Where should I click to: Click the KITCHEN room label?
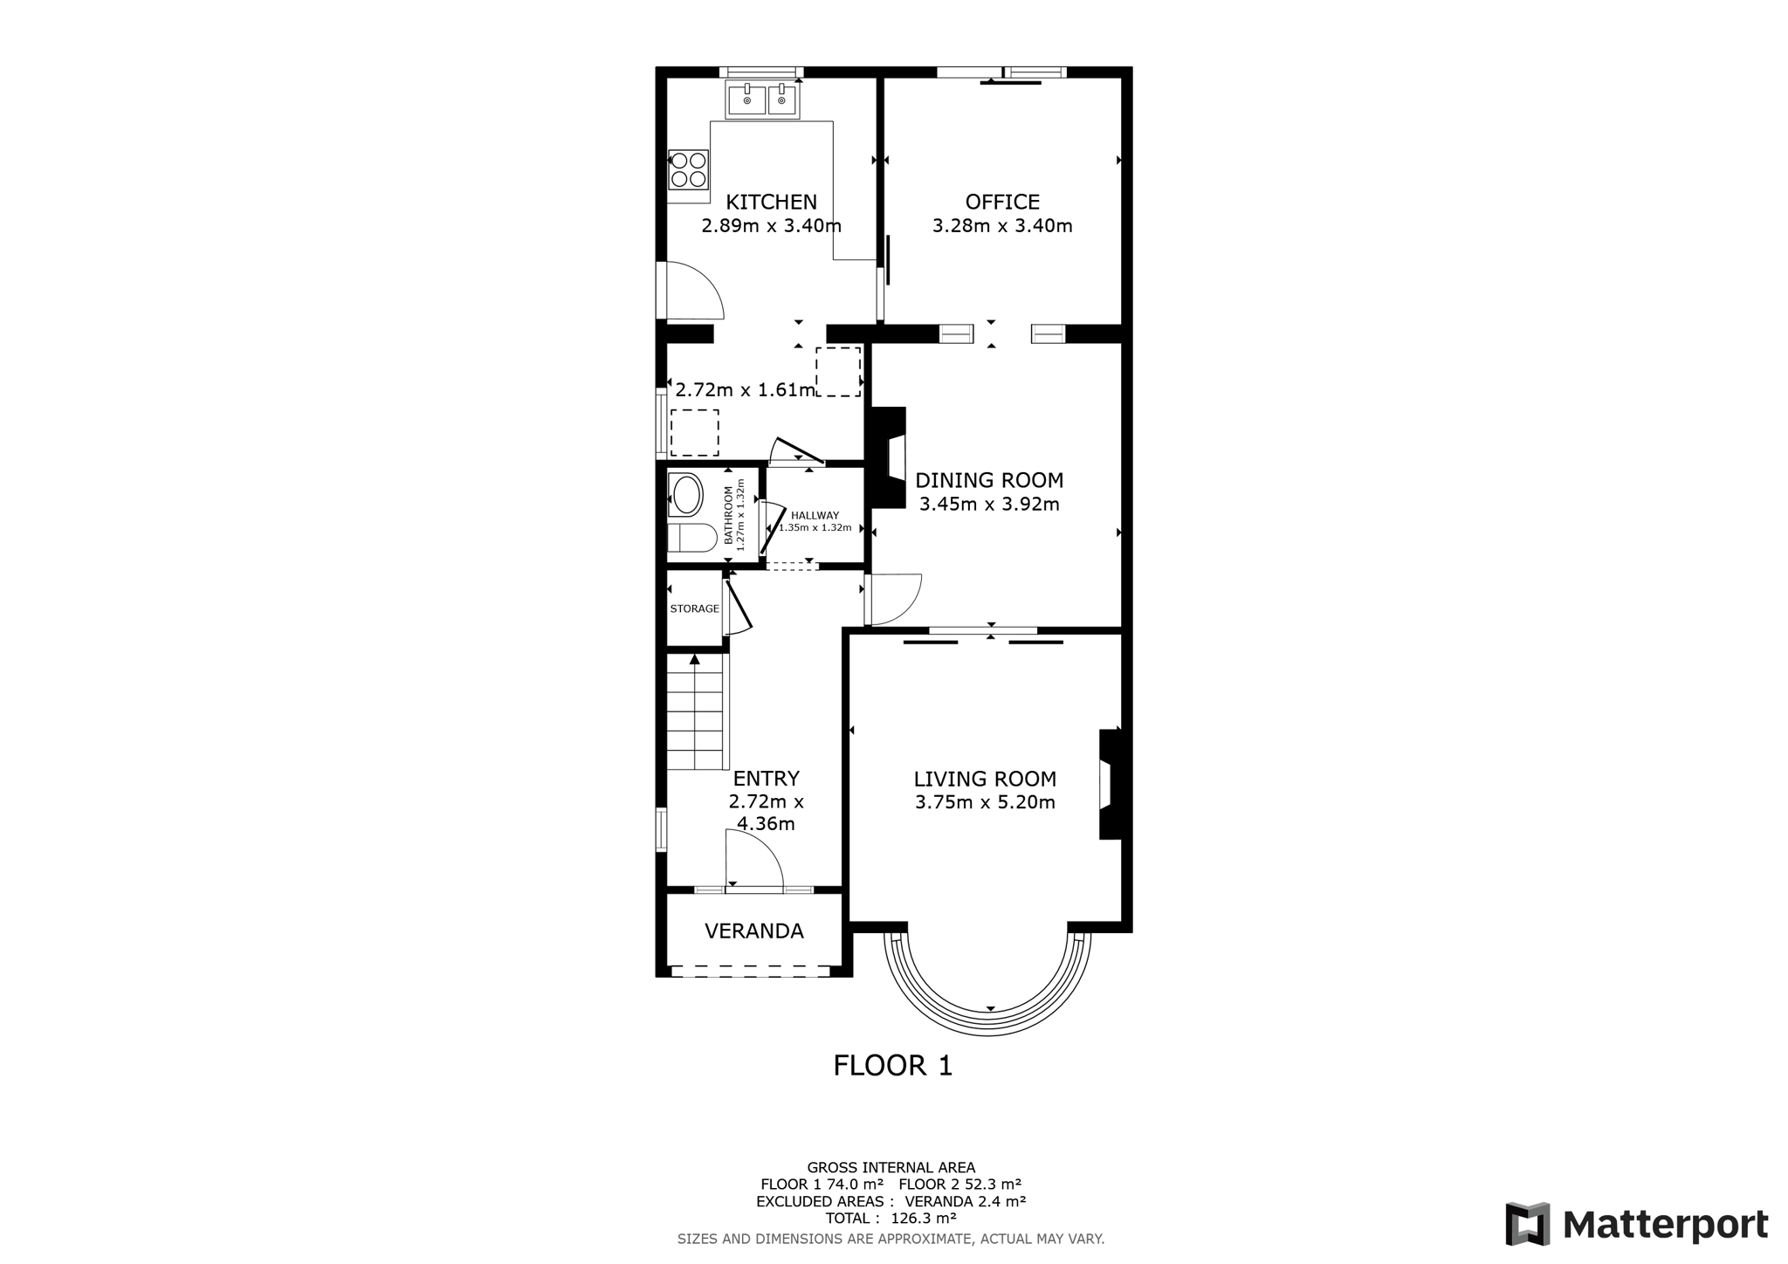(772, 203)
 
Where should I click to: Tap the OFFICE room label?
(1002, 203)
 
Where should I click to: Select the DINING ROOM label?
(989, 480)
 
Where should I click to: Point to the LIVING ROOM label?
(985, 779)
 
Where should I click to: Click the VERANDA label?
(754, 931)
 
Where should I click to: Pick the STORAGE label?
(695, 608)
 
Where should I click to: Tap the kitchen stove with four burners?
(688, 170)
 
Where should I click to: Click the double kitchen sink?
(762, 100)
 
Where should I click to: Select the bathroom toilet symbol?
(691, 538)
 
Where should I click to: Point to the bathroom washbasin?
(686, 494)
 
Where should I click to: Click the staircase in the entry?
(698, 711)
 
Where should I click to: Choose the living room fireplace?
(1110, 784)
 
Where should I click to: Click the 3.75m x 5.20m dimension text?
(985, 802)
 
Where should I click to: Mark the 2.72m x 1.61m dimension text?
(745, 390)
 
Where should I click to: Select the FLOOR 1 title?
(893, 1066)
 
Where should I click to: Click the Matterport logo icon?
(1528, 1224)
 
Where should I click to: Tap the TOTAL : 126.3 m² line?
(891, 1219)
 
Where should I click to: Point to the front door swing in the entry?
(754, 859)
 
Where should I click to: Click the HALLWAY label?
(815, 516)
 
